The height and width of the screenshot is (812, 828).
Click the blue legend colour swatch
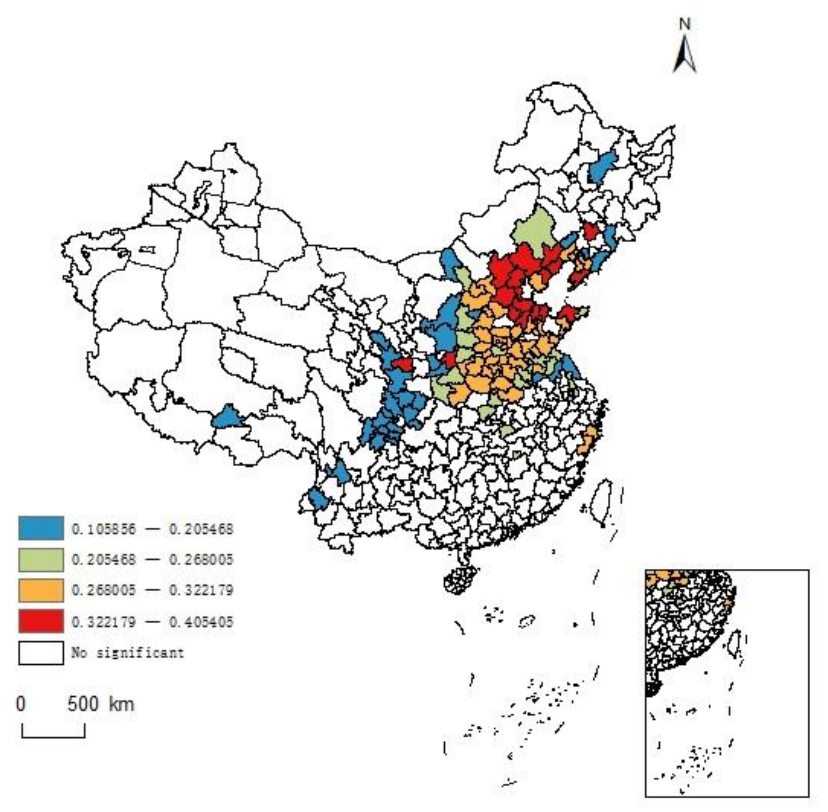pyautogui.click(x=41, y=528)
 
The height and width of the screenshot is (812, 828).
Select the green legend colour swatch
pyautogui.click(x=41, y=559)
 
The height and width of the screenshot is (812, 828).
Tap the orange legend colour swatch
pyautogui.click(x=41, y=590)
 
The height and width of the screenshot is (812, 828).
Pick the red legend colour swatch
pyautogui.click(x=41, y=621)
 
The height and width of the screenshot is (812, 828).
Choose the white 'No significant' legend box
pyautogui.click(x=41, y=653)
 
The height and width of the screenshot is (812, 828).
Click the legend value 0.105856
pyautogui.click(x=103, y=529)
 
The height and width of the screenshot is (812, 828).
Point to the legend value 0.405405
pyautogui.click(x=201, y=622)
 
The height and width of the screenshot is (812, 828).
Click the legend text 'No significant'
pyautogui.click(x=127, y=653)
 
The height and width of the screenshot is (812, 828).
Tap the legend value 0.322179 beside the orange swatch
pyautogui.click(x=201, y=591)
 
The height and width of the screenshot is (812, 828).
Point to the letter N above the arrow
pyautogui.click(x=685, y=24)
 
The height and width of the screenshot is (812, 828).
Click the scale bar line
pyautogui.click(x=53, y=736)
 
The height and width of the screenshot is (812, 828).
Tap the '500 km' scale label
pyautogui.click(x=101, y=704)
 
